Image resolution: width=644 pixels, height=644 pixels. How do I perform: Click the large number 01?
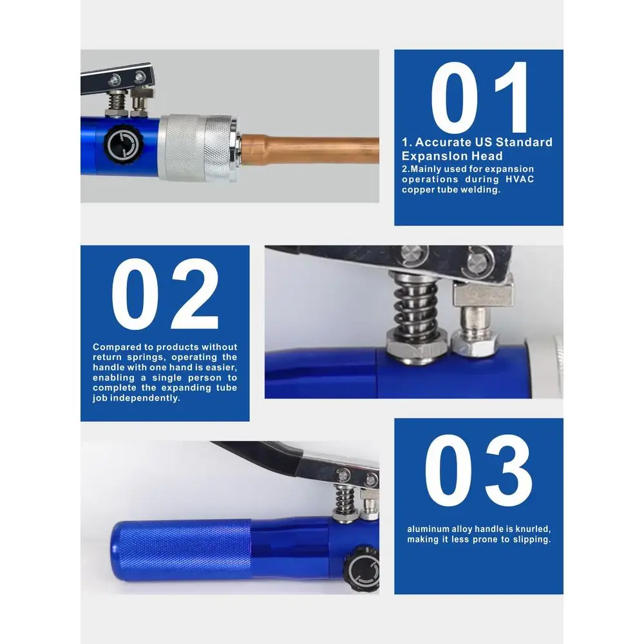point(479,97)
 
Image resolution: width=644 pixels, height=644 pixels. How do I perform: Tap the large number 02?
point(165,294)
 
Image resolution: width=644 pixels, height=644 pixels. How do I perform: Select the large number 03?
point(478,470)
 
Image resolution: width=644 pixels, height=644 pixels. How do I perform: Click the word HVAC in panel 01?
point(520,180)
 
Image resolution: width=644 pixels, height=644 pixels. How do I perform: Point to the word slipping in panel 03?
point(530,539)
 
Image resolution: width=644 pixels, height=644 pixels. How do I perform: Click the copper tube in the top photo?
point(310,151)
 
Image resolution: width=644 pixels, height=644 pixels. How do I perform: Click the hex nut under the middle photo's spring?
point(416,348)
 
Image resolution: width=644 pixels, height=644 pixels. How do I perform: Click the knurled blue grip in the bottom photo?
point(181,550)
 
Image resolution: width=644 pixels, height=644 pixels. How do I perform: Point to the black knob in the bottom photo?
point(362,569)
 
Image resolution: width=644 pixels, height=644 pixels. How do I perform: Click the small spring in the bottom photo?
point(345,500)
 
